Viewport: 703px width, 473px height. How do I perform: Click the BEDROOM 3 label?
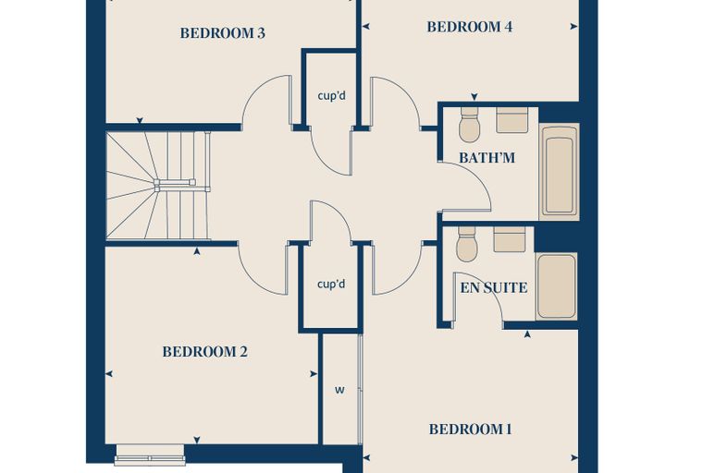point(222,33)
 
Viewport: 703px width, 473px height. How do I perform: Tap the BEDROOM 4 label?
point(469,27)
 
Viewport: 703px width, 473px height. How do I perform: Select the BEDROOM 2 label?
point(205,352)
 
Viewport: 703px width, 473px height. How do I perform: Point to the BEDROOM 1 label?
point(470,429)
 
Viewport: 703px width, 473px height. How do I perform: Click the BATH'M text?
point(487,158)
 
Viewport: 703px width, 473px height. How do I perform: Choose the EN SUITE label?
point(494,287)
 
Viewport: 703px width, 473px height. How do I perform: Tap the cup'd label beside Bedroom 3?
point(332,96)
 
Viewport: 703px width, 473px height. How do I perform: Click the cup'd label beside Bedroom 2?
point(331,284)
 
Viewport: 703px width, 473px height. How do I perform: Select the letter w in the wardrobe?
point(339,390)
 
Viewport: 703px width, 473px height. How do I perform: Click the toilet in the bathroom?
point(469,124)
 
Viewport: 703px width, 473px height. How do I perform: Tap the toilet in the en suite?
point(467,244)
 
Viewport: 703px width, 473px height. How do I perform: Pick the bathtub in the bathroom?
point(559,172)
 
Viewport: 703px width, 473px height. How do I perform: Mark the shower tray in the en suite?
point(557,286)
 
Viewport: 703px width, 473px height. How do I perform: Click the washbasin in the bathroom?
point(512,119)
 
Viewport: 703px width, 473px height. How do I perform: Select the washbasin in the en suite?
point(510,239)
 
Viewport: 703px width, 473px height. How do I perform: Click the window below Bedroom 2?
point(150,455)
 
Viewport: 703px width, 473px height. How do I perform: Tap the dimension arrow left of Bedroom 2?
point(109,373)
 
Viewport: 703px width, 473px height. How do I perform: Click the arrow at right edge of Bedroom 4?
point(573,27)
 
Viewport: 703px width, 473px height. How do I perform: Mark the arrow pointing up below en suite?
point(527,334)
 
